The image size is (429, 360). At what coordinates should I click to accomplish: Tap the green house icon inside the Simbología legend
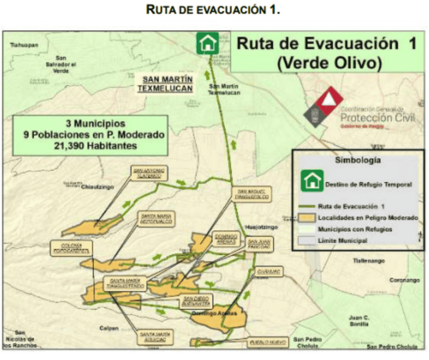(x=311, y=181)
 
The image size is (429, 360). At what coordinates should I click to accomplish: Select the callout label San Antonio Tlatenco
(x=149, y=173)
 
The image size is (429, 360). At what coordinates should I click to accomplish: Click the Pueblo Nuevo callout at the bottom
(x=268, y=342)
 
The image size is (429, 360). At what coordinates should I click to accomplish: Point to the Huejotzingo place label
(x=260, y=227)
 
